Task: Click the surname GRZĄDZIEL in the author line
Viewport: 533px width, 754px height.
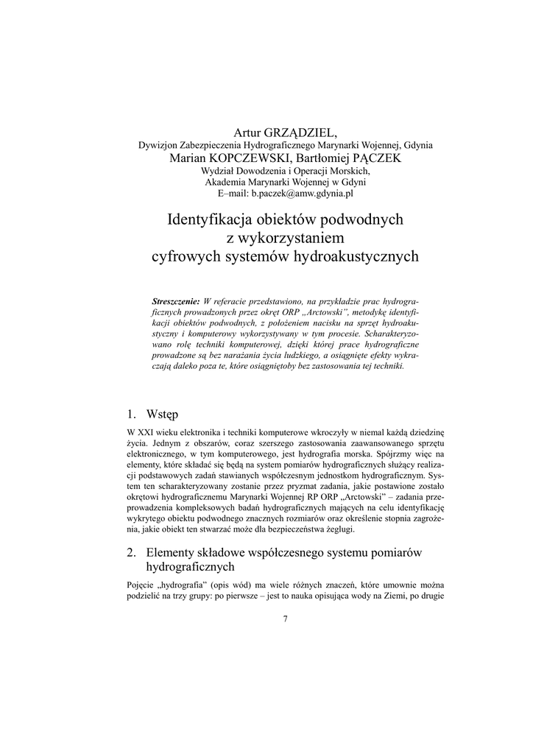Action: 299,133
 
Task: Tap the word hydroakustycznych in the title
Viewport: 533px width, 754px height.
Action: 356,257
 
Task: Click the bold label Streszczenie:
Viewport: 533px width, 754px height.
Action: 175,302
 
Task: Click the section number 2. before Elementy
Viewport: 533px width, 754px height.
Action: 132,552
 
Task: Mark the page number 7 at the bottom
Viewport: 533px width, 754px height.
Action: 285,619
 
